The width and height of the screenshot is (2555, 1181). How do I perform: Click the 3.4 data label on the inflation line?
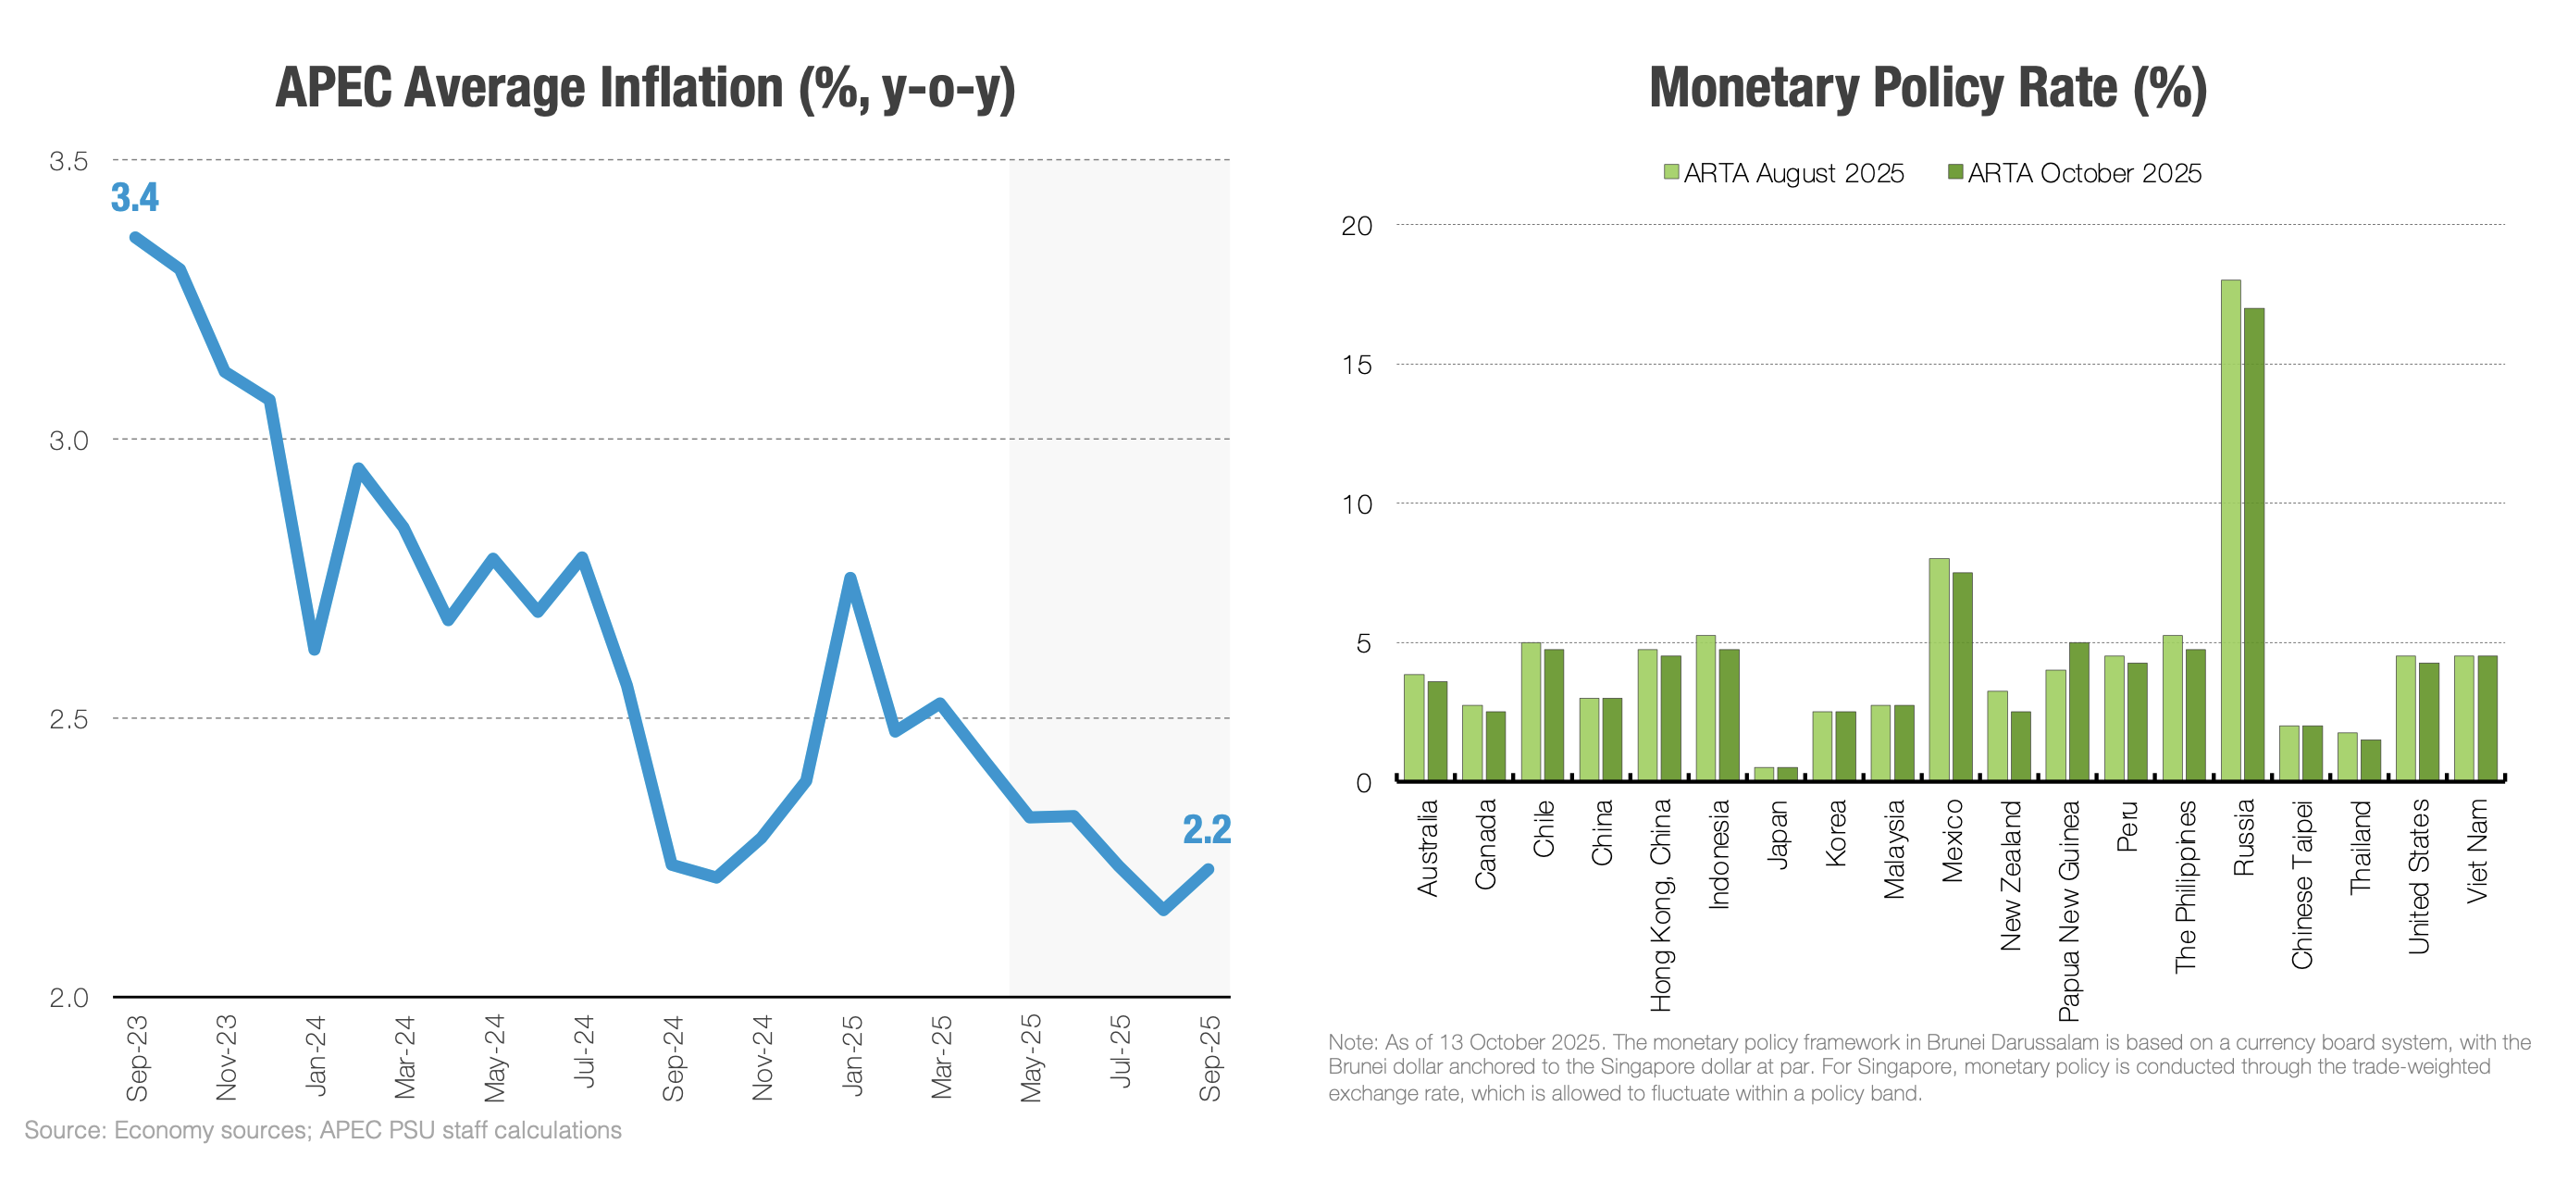(x=135, y=197)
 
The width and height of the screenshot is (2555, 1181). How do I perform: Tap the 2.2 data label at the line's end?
(x=1206, y=829)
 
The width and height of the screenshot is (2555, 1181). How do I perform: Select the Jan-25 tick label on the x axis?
(x=852, y=1056)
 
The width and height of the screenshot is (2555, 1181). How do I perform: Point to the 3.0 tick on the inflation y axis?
(x=69, y=441)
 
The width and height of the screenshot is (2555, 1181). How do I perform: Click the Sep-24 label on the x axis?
(x=674, y=1058)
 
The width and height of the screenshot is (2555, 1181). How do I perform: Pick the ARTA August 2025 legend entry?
(x=1783, y=173)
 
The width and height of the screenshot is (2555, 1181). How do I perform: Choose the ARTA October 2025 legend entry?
(x=2074, y=173)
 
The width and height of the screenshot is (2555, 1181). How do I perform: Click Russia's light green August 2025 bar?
(x=2231, y=530)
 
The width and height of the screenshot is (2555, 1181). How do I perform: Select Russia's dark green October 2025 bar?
(x=2253, y=544)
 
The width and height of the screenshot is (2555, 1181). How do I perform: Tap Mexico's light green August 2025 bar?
(x=1939, y=669)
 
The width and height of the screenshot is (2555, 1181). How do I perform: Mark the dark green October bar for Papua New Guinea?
(x=2079, y=712)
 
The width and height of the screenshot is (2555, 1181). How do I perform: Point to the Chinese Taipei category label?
(x=2302, y=885)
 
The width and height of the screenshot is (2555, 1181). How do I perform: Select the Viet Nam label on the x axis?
(x=2476, y=851)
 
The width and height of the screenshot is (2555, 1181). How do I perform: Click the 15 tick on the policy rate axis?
(x=1357, y=365)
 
